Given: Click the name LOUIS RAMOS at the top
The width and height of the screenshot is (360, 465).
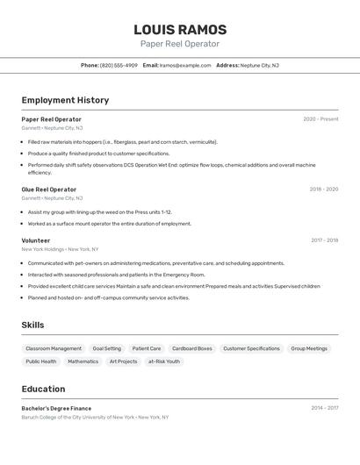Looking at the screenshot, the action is click(x=180, y=30).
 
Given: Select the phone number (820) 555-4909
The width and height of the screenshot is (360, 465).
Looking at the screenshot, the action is click(x=119, y=65).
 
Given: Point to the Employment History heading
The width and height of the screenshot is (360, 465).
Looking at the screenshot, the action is click(x=65, y=100).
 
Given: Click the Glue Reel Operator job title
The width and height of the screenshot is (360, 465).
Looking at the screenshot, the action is click(x=49, y=190).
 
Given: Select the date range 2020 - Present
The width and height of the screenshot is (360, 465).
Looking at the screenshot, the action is click(x=320, y=119).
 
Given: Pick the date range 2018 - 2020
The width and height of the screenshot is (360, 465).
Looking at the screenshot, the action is click(x=323, y=190).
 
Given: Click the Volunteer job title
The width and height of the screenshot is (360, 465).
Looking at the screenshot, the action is click(x=36, y=240).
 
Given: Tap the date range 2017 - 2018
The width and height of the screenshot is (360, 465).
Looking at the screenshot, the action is click(x=324, y=240).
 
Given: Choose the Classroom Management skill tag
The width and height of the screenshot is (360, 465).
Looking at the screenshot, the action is click(x=54, y=348).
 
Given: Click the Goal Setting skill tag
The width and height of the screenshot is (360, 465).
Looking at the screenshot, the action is click(x=107, y=348).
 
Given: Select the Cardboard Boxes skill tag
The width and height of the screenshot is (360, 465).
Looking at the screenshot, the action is click(x=191, y=348).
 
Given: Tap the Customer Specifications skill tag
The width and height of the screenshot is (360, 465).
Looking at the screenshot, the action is click(x=251, y=348).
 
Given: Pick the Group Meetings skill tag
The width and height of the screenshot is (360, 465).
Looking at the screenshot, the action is click(x=309, y=348).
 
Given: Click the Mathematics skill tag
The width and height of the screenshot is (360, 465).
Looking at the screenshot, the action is click(x=83, y=361).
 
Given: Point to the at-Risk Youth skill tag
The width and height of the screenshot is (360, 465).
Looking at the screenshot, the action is click(x=164, y=361).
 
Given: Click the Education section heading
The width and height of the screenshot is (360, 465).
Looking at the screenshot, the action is click(x=43, y=389).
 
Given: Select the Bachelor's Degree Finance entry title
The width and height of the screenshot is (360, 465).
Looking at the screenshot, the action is click(x=56, y=408).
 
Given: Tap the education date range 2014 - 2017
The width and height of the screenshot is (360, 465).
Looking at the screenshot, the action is click(x=324, y=408).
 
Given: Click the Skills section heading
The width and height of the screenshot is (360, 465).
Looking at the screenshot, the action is click(x=32, y=325).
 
